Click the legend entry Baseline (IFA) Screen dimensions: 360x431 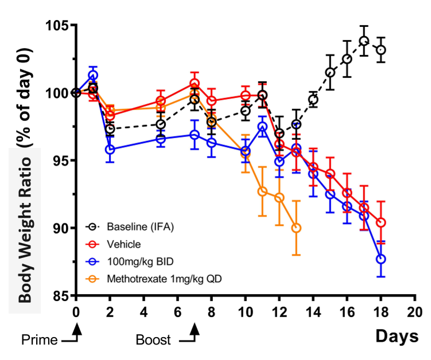click(138, 227)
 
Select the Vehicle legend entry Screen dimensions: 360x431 click(124, 244)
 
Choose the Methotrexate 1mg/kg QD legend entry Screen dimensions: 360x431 click(157, 279)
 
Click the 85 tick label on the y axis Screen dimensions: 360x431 click(60, 296)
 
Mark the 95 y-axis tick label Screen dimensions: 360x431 click(60, 160)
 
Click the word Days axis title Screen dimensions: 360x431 click(397, 336)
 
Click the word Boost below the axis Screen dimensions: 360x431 click(153, 340)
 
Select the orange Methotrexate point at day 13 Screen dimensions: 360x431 click(296, 228)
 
